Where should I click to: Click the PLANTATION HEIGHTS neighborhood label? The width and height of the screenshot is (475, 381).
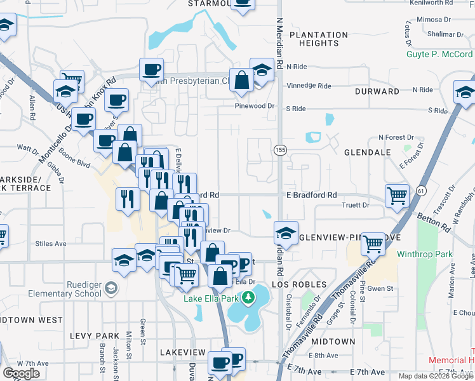tap(318, 39)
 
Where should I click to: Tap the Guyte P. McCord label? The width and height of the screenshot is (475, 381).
tap(440, 54)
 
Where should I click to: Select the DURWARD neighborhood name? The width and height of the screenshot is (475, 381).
tap(377, 91)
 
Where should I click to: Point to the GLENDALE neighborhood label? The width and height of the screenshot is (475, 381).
tap(367, 153)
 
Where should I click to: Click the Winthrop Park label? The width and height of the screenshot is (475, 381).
tap(425, 255)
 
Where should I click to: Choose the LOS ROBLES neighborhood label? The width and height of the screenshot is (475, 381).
tap(299, 284)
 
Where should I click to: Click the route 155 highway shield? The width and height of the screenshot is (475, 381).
tap(279, 150)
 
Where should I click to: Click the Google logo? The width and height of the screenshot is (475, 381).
tap(22, 373)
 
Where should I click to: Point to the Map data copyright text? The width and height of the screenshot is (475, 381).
tap(436, 376)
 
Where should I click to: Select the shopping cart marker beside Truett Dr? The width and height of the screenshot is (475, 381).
tap(397, 196)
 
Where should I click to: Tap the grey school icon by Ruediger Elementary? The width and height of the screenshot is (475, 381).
tap(111, 289)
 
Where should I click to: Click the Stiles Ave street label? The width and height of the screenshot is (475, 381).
tap(51, 243)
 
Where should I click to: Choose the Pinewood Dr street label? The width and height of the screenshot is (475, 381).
tap(255, 106)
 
